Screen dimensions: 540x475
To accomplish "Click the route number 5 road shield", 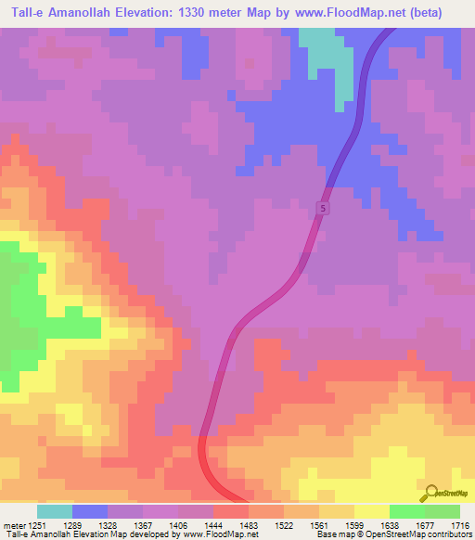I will pos(322,209).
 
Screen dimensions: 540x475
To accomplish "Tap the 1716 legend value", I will pos(463,525).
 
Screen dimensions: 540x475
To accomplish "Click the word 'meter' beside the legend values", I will pos(13,525).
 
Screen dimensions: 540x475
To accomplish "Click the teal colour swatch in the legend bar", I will pos(55,511).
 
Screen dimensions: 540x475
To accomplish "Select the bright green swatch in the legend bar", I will pos(407,511).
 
